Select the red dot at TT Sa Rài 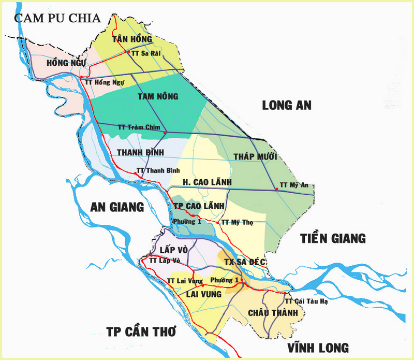[x=128, y=52]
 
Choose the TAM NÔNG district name [x=158, y=96]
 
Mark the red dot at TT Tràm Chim [x=165, y=133]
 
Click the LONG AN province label [x=287, y=105]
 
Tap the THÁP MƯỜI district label [x=255, y=156]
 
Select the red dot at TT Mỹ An [x=277, y=190]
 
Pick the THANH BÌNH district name [x=140, y=152]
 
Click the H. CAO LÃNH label [x=206, y=182]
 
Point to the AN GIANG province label [x=117, y=207]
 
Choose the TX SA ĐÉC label [x=245, y=262]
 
